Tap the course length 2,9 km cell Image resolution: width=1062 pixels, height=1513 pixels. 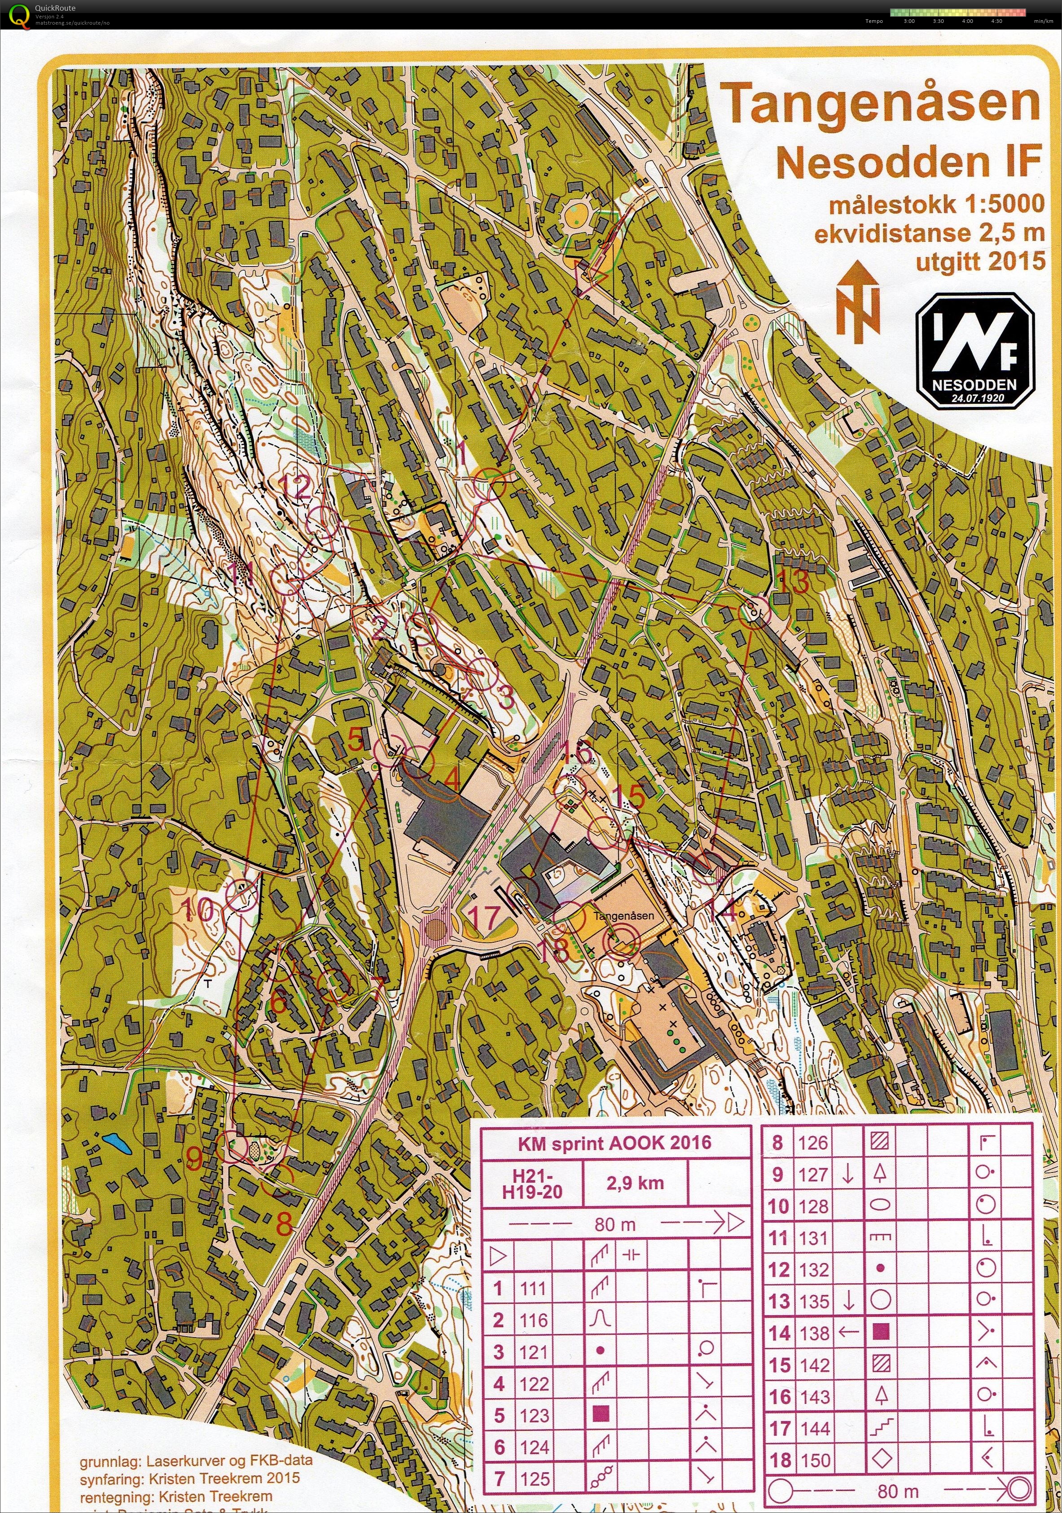(634, 1183)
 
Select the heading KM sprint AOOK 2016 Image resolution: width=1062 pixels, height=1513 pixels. (614, 1142)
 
